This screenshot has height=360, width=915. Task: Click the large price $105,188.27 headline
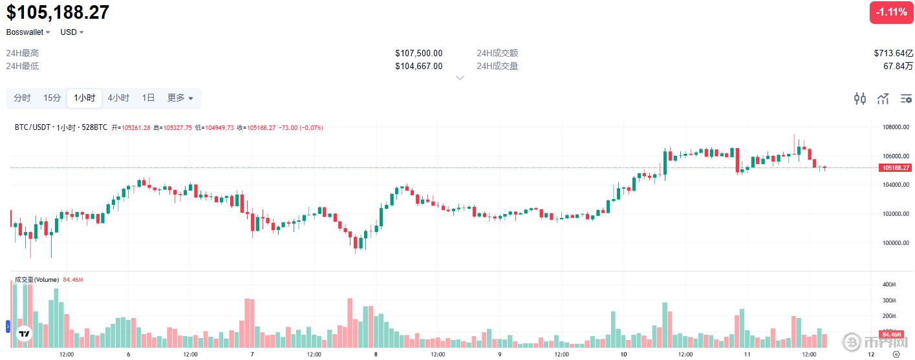coord(58,12)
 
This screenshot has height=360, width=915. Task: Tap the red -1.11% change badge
coord(891,12)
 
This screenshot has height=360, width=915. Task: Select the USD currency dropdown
coord(72,32)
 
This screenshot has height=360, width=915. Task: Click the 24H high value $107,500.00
coord(418,53)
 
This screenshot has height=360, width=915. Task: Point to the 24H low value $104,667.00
coord(418,66)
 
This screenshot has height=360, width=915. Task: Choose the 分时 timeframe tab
coord(22,98)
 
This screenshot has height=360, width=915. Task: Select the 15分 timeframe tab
coord(52,98)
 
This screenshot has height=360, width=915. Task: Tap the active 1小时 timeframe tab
coord(85,98)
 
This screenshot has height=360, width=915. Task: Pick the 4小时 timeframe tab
coord(118,98)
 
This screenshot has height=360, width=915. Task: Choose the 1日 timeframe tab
coord(148,98)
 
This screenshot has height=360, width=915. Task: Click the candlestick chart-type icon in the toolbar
coord(859,99)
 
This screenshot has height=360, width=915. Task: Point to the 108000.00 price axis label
coord(896,127)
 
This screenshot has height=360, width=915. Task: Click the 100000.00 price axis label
coord(896,243)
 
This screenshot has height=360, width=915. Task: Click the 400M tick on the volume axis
coord(888,285)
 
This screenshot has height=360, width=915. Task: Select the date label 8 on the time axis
coord(376,354)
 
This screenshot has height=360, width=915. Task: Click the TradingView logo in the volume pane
coord(24,334)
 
